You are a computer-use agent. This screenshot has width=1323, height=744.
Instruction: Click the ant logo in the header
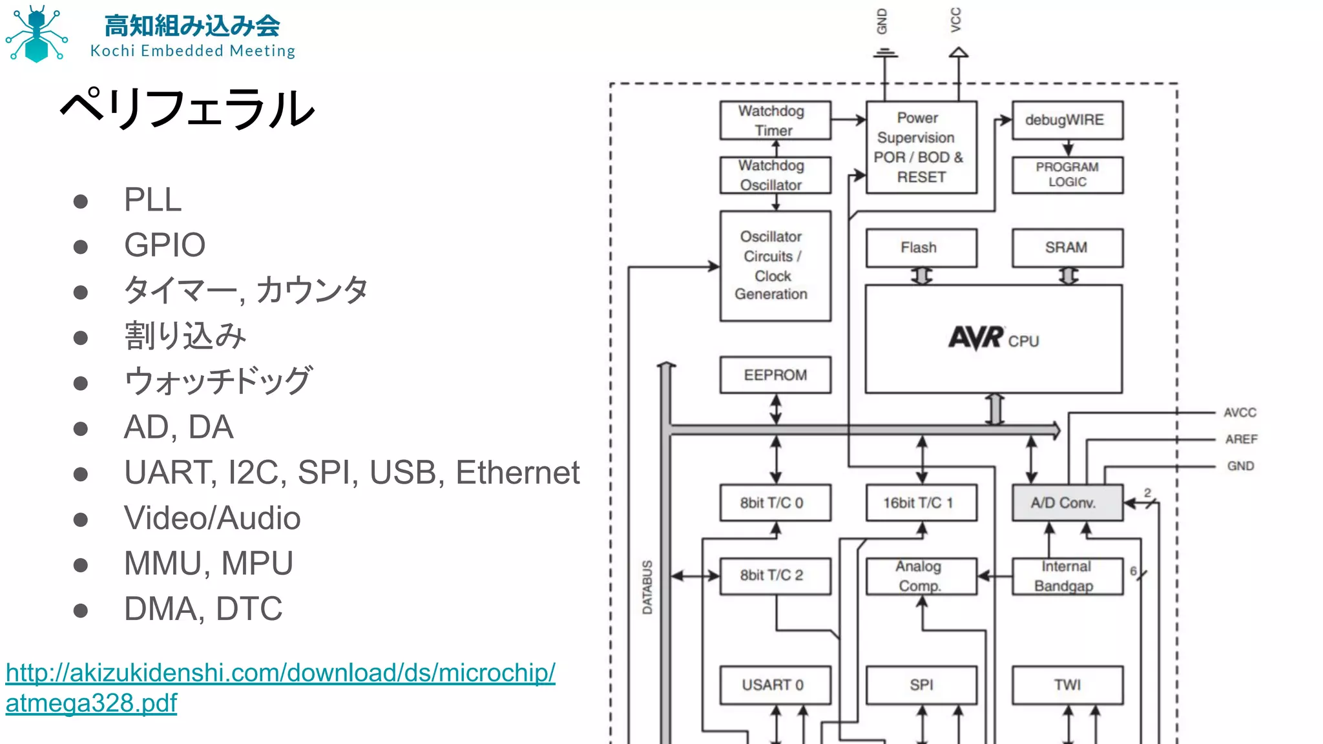point(36,34)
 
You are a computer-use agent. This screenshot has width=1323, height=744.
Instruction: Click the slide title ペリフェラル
point(187,108)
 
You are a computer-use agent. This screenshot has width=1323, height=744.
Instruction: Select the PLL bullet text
point(152,200)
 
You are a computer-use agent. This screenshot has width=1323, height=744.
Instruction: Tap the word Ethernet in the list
point(517,473)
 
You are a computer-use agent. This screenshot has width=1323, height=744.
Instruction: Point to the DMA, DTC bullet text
point(203,609)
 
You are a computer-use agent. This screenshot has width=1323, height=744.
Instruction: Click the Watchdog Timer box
point(775,120)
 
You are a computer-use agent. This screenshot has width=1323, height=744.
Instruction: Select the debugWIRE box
point(1067,120)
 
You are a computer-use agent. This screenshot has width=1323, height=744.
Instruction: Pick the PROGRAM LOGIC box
point(1067,174)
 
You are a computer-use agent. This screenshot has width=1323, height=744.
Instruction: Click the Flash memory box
point(921,248)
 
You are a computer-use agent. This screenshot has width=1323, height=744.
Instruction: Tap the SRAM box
point(1067,248)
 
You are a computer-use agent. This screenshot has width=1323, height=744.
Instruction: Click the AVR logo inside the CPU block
point(976,338)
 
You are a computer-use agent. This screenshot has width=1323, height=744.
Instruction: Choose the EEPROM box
point(775,375)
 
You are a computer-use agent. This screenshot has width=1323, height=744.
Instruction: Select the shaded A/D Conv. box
point(1067,503)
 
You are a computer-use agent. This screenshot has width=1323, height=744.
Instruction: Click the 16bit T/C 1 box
point(921,503)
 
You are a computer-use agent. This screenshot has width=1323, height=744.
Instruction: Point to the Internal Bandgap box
point(1067,576)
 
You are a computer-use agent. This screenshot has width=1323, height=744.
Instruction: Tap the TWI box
point(1067,685)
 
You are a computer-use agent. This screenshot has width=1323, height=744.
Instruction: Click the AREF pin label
point(1241,439)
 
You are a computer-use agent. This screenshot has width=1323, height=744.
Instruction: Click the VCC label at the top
point(955,20)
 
